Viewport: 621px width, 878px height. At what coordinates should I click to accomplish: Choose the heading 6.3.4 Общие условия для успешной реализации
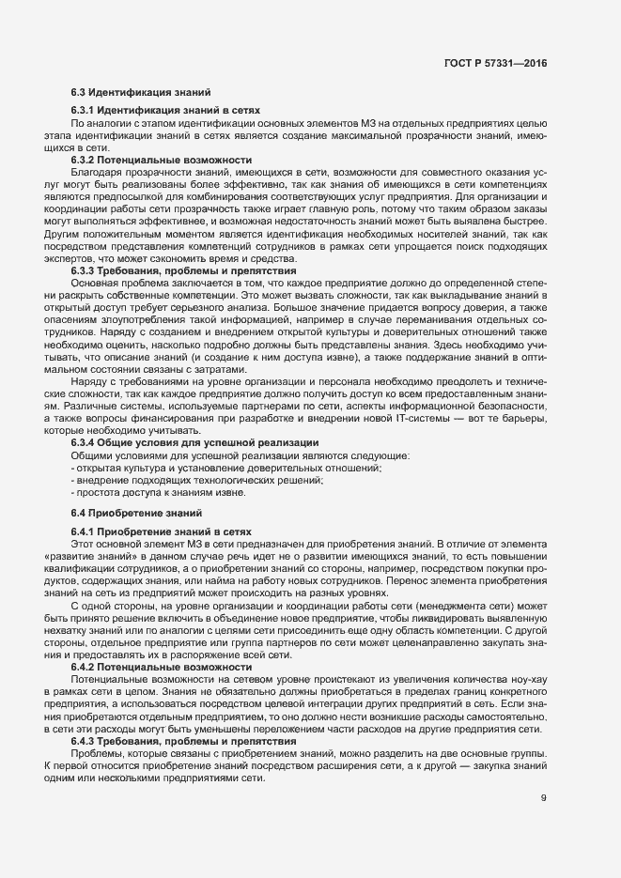(194, 442)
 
